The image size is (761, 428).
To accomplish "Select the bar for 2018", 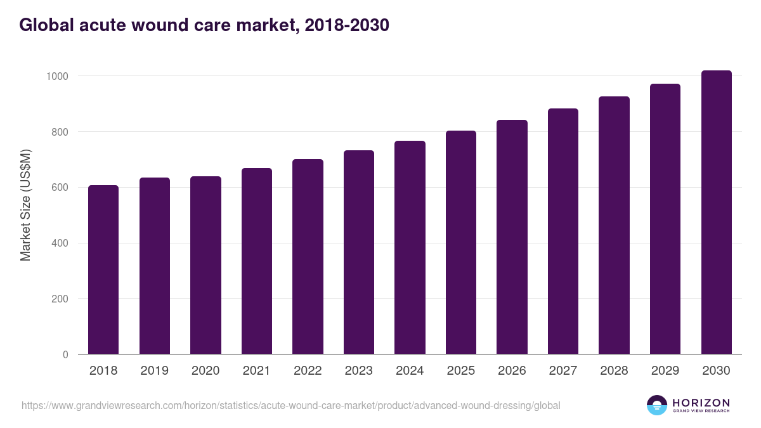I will [x=103, y=269].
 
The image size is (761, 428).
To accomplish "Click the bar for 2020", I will [x=205, y=265].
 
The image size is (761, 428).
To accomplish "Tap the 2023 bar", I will [x=359, y=252].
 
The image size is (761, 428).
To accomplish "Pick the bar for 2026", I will [x=512, y=237].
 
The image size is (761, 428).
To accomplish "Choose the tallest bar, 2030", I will [x=716, y=212].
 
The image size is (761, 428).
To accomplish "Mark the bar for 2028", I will [x=614, y=225].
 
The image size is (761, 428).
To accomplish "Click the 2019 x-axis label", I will [x=155, y=371].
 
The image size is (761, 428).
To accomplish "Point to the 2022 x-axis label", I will [x=308, y=371].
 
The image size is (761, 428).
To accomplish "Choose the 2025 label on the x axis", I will [x=461, y=371].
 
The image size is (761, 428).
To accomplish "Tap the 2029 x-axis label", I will [x=665, y=371].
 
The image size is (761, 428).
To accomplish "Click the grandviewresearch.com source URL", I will [x=291, y=405].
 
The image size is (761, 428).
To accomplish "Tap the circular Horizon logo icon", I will [x=656, y=405].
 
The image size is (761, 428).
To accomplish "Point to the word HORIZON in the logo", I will [x=701, y=403].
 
